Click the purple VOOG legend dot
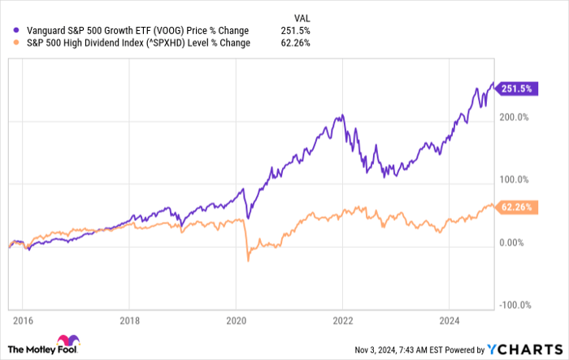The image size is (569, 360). pyautogui.click(x=18, y=30)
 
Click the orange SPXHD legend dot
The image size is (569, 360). pyautogui.click(x=18, y=43)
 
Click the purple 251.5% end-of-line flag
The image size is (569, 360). pyautogui.click(x=515, y=88)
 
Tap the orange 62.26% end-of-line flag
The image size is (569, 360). pyautogui.click(x=515, y=207)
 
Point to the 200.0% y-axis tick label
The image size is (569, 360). pyautogui.click(x=515, y=117)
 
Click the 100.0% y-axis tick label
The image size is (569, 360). pyautogui.click(x=515, y=180)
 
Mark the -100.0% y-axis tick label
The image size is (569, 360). pyautogui.click(x=514, y=305)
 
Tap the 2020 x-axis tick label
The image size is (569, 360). pyautogui.click(x=235, y=320)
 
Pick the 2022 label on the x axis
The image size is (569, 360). pyautogui.click(x=343, y=320)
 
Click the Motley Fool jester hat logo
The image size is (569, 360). pyautogui.click(x=66, y=340)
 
